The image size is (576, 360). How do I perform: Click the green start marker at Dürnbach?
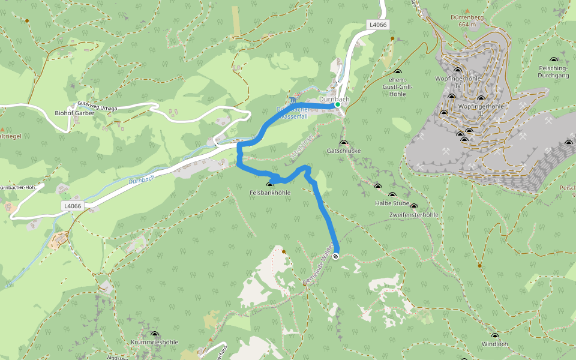tap(338, 104)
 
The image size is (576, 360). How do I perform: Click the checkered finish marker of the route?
tap(335, 256)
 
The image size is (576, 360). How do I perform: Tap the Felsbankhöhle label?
tap(270, 193)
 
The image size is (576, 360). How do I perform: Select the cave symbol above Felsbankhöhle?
tap(270, 185)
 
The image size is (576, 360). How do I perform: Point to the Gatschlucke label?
tap(344, 151)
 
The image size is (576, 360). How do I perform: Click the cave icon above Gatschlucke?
tap(344, 143)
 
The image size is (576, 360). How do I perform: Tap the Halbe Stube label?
tap(392, 203)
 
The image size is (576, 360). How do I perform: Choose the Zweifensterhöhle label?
tap(414, 214)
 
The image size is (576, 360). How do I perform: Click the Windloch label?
tap(494, 344)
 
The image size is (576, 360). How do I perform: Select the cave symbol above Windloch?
tap(495, 336)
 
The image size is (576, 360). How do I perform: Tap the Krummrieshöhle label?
tap(155, 342)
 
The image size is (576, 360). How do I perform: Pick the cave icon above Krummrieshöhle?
tap(155, 334)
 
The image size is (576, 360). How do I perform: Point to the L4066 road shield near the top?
tap(378, 25)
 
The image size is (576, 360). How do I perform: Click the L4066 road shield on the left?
tap(71, 206)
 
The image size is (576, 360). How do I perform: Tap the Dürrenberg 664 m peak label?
tap(467, 21)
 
